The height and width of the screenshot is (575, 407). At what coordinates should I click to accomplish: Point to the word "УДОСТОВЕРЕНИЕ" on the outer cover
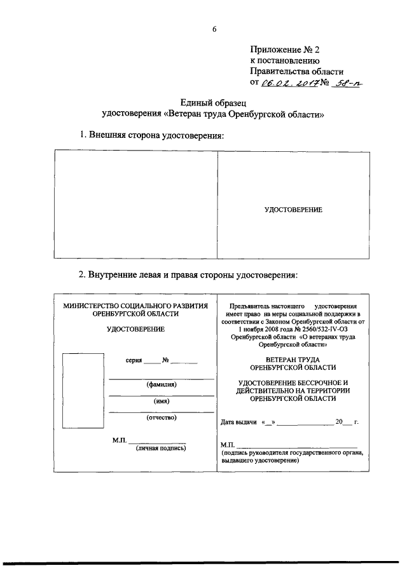pos(293,210)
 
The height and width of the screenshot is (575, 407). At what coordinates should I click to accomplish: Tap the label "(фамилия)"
pos(162,384)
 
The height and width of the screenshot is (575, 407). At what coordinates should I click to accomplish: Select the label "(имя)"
pos(162,401)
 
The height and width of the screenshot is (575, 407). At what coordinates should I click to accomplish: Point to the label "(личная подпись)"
pos(161,448)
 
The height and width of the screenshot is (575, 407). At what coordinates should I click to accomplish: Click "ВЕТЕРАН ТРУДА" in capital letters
pos(293,360)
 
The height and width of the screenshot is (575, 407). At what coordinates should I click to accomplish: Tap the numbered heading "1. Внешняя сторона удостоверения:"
pos(151,135)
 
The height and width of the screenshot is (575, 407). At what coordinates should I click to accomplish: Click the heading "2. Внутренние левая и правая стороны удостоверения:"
pos(188,275)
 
